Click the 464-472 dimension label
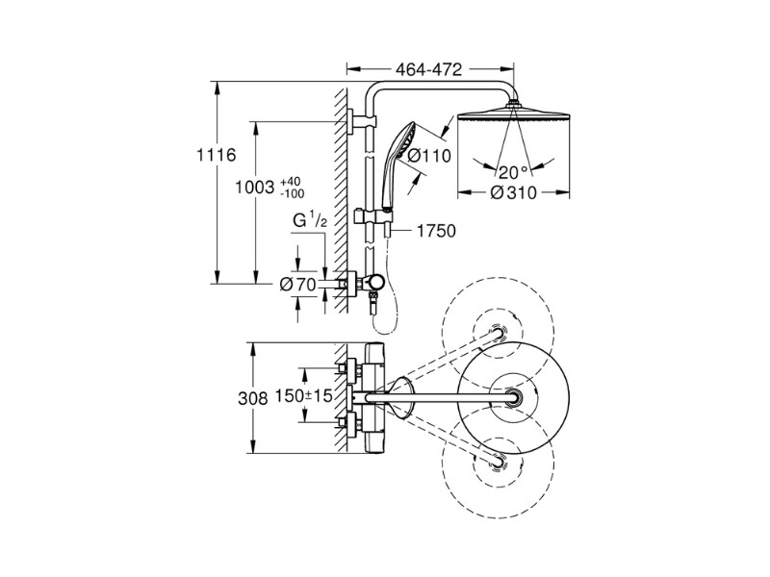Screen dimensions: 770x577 tap(429, 69)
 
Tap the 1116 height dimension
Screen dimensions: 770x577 tap(216, 155)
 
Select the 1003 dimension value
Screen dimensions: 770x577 tap(254, 187)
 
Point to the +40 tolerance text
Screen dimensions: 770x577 tap(291, 183)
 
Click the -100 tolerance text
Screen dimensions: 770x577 tap(292, 194)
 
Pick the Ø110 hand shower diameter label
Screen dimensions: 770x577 tap(429, 157)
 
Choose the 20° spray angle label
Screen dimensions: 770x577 tap(514, 172)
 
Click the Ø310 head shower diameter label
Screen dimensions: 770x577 tap(514, 193)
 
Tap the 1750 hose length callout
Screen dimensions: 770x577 tap(436, 231)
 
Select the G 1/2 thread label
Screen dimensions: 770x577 tap(310, 221)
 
